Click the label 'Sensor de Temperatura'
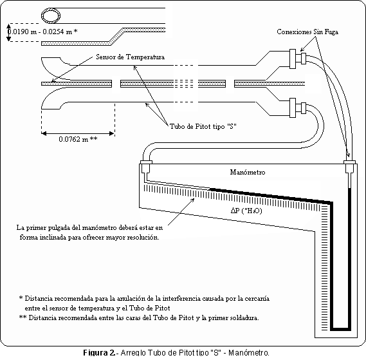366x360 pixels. tap(130, 57)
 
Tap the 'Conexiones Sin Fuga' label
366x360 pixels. tap(307, 32)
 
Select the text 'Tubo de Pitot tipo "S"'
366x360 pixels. tap(203, 126)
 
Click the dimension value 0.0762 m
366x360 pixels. tap(73, 139)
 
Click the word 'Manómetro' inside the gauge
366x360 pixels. tap(248, 173)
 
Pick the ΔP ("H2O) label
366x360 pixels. tap(246, 211)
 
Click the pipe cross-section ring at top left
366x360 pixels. tap(51, 16)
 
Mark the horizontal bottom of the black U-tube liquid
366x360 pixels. tap(340, 329)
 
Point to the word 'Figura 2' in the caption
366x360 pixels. tap(99, 352)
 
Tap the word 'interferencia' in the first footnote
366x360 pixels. tap(181, 299)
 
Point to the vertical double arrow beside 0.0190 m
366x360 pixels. tap(9, 32)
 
